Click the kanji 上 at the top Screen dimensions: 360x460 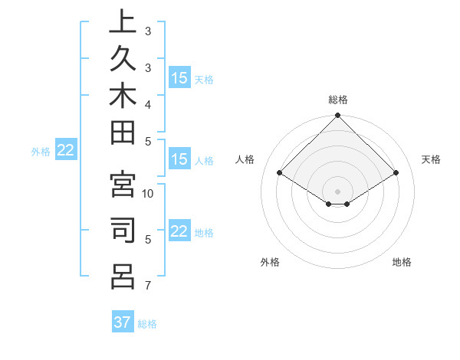pyautogui.click(x=123, y=23)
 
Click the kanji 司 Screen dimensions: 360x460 pyautogui.click(x=123, y=231)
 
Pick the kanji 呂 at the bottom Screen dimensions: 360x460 pyautogui.click(x=123, y=276)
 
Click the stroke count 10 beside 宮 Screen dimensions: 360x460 pyautogui.click(x=149, y=194)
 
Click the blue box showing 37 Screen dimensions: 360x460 pyautogui.click(x=123, y=322)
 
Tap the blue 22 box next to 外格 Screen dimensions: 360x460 pyautogui.click(x=65, y=150)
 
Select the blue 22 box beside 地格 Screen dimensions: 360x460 pyautogui.click(x=179, y=232)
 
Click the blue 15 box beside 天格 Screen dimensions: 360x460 pyautogui.click(x=179, y=78)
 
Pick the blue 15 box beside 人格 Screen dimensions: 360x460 pyautogui.click(x=179, y=159)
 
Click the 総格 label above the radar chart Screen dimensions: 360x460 pyautogui.click(x=338, y=100)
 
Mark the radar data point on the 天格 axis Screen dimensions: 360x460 pyautogui.click(x=396, y=173)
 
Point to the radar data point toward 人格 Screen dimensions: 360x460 pyautogui.click(x=280, y=173)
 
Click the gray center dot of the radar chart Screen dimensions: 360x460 pyautogui.click(x=338, y=191)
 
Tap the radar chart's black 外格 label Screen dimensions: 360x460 pyautogui.click(x=270, y=262)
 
